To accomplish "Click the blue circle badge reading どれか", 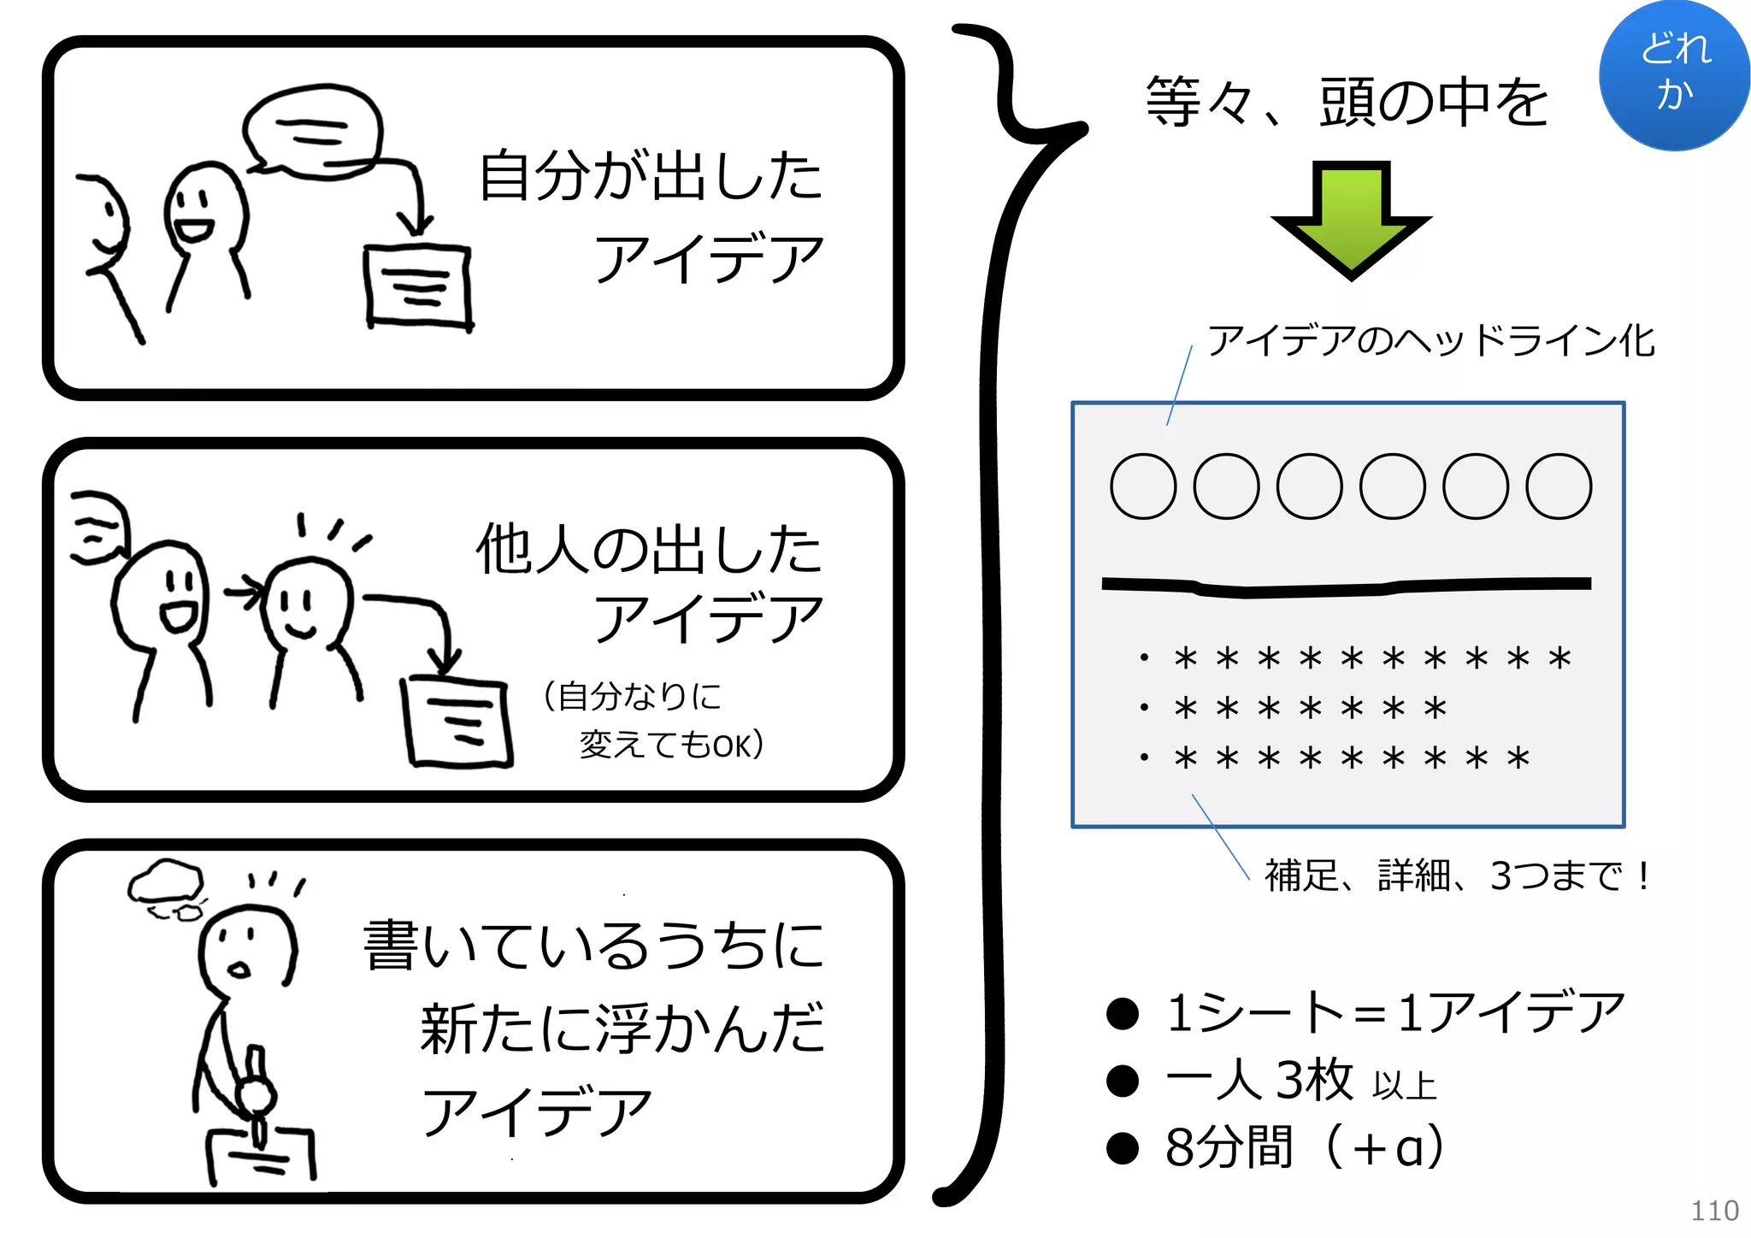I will tap(1673, 75).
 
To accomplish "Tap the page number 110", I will tap(1714, 1211).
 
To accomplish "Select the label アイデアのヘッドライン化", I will tap(1430, 340).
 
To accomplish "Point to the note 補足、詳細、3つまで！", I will tap(1457, 875).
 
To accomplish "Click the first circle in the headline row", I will tap(1143, 486).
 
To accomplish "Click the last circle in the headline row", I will tap(1559, 486).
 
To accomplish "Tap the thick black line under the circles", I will tap(1347, 587).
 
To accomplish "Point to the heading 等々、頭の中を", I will tap(1347, 102).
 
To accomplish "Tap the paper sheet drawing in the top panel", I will tap(418, 286).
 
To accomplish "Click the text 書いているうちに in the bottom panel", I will tap(594, 946).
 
